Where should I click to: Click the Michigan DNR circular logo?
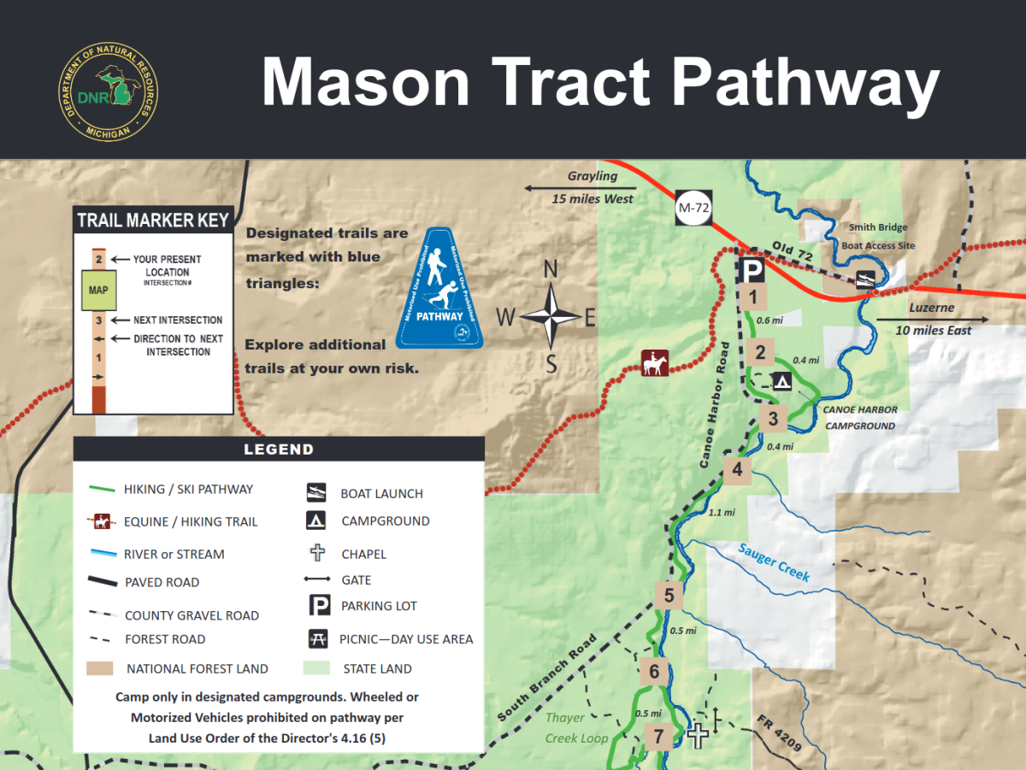[109, 93]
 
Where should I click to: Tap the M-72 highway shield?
[693, 207]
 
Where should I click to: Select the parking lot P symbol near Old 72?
[752, 271]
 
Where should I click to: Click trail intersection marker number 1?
[753, 297]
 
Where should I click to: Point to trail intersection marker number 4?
[737, 469]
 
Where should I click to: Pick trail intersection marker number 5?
[669, 596]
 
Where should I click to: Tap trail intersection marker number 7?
[658, 736]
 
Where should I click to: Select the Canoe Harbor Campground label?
[859, 417]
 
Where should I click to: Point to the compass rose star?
[551, 318]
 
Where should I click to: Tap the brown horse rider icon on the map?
[656, 363]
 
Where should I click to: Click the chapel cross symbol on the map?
[699, 734]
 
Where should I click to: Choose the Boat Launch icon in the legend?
[317, 492]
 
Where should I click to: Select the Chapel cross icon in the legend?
[317, 553]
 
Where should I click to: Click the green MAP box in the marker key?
[98, 290]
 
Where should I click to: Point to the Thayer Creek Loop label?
[577, 728]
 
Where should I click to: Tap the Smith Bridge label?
[877, 227]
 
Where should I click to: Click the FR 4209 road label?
[779, 734]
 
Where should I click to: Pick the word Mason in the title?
[365, 83]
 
